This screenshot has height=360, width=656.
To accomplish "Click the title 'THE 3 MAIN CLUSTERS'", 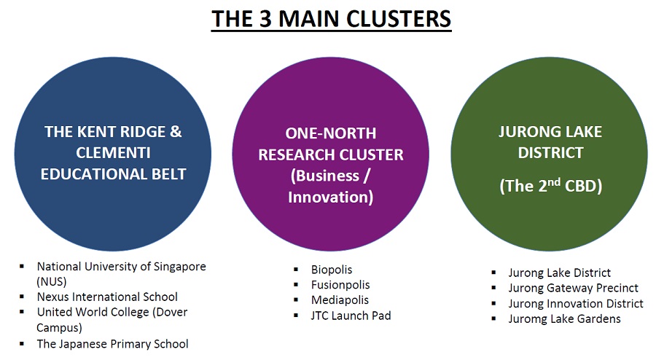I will pyautogui.click(x=331, y=20).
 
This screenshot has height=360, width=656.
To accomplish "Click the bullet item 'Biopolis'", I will pyautogui.click(x=332, y=270).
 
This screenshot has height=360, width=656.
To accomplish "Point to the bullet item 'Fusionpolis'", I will pyautogui.click(x=340, y=285).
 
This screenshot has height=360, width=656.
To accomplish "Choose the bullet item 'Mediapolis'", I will pyautogui.click(x=340, y=300).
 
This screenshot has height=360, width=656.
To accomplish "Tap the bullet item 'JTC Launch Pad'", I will pyautogui.click(x=351, y=316).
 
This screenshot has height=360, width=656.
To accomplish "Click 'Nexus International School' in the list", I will pyautogui.click(x=107, y=297).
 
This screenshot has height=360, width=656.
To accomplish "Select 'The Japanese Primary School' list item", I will pyautogui.click(x=112, y=343).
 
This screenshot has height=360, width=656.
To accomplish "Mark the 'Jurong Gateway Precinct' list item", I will pyautogui.click(x=574, y=288).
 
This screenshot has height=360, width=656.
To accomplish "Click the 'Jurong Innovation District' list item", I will pyautogui.click(x=576, y=303).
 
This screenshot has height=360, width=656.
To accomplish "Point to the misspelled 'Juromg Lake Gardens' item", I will pyautogui.click(x=565, y=318).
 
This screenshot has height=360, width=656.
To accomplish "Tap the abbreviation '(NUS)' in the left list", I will pyautogui.click(x=52, y=281).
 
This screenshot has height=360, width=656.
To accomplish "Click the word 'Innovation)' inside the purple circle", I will pyautogui.click(x=330, y=197).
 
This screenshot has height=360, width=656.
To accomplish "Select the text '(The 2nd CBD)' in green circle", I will pyautogui.click(x=550, y=185).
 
